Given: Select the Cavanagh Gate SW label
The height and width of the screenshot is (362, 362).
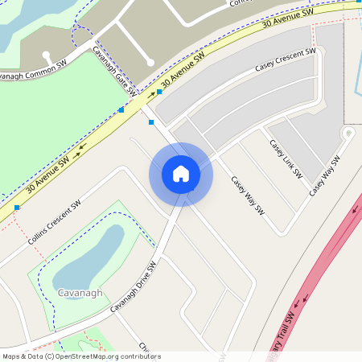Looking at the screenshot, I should click(113, 70).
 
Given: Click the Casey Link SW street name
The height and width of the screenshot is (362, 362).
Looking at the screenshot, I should click(286, 158).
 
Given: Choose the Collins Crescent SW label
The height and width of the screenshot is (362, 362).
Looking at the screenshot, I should click(56, 223).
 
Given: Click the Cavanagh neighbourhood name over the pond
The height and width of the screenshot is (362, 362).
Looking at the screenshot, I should click(80, 293).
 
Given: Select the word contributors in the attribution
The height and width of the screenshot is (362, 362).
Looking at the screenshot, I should click(142, 356).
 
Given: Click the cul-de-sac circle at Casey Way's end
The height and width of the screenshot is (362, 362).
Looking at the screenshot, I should click(348, 133).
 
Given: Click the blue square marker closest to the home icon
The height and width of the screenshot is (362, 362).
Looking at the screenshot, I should click(151, 122).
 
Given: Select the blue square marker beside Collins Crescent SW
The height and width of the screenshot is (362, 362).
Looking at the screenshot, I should click(17, 208).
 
